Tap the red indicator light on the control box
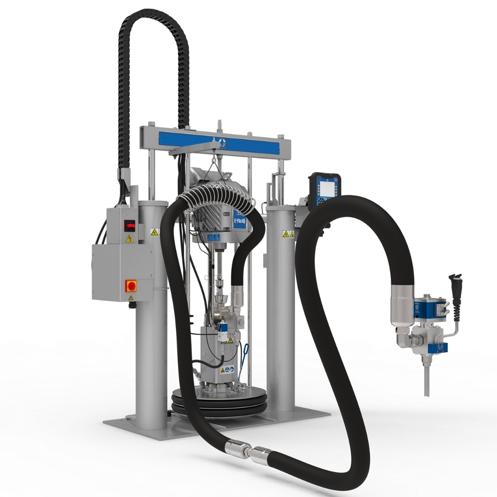(x=131, y=225)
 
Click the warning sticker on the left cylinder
(x=155, y=232)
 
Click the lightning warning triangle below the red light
(x=130, y=239)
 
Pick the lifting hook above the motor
(x=215, y=159)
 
